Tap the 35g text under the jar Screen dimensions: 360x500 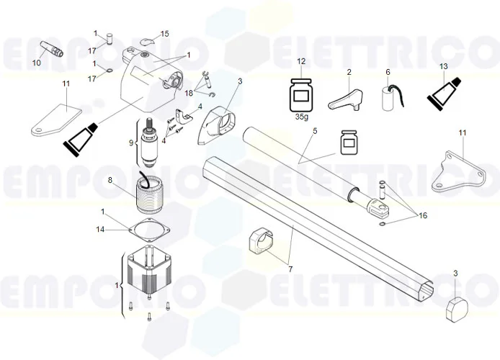(x=302, y=115)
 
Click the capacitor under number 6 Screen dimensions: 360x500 (x=389, y=96)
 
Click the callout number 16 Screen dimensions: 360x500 (x=423, y=215)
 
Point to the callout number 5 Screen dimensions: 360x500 (x=314, y=132)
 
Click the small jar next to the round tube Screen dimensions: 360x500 (x=349, y=143)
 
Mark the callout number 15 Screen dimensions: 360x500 (x=164, y=34)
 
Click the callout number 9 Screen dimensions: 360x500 (x=130, y=143)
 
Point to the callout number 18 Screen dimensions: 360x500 (x=188, y=93)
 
